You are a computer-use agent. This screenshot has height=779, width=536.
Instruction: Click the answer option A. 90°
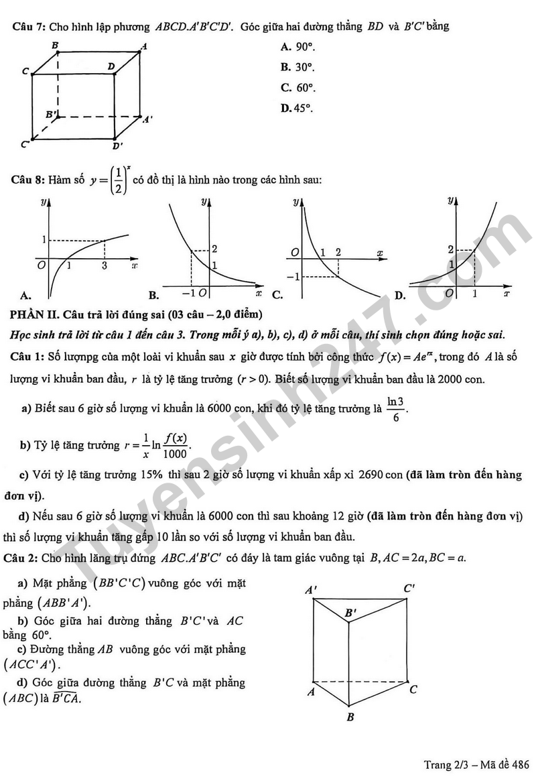coord(297,47)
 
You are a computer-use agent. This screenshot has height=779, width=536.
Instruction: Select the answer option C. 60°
coord(298,88)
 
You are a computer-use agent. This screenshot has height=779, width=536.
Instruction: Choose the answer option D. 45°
coord(297,108)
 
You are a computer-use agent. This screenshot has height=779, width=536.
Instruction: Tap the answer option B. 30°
coord(297,67)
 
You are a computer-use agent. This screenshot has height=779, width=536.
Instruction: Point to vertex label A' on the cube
coord(147,119)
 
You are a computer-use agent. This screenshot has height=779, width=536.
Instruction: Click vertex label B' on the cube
coord(52,115)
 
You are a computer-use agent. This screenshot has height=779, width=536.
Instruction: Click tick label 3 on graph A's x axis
coord(105,266)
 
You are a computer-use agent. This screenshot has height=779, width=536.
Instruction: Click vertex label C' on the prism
coord(409,589)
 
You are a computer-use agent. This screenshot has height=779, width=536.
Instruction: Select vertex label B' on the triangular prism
coord(351,613)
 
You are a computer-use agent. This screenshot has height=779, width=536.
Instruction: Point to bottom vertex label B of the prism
coord(350,717)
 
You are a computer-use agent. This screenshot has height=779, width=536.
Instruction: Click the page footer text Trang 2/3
coord(447,765)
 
